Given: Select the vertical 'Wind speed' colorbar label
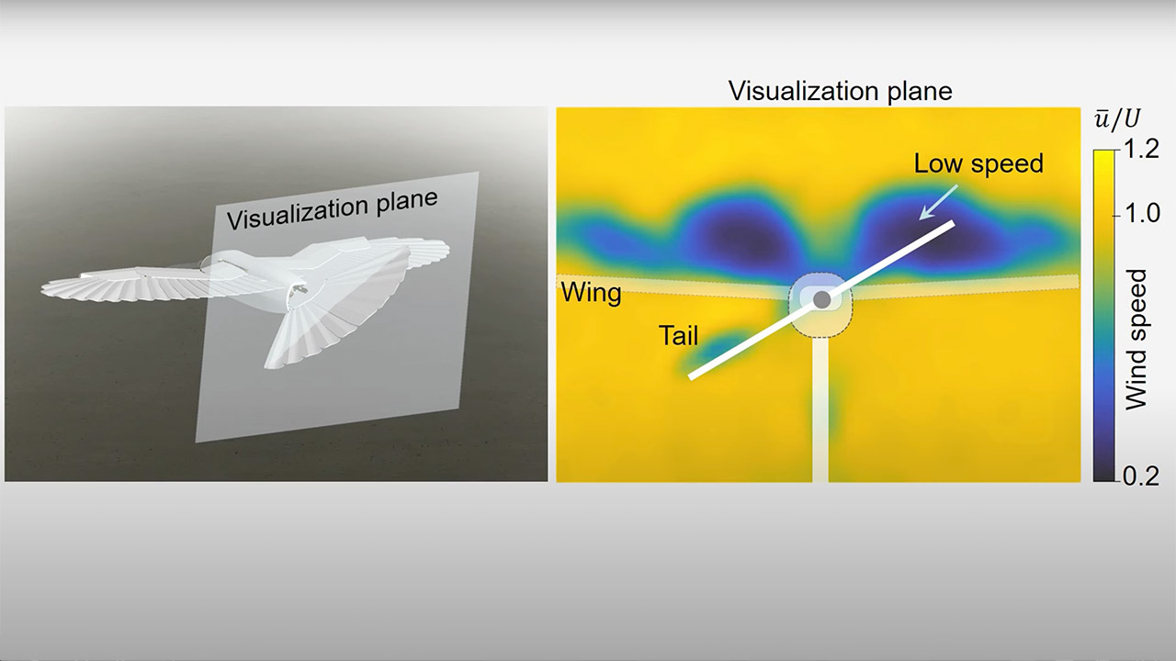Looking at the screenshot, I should [1136, 339].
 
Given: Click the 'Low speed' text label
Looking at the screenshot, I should [978, 163].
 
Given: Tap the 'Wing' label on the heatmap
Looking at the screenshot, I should [592, 294].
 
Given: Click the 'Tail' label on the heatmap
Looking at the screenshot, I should [678, 336].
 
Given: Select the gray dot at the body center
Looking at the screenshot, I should [822, 299].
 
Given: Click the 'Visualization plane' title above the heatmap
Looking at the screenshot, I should [841, 91].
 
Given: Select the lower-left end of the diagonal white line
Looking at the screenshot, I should [692, 375].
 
